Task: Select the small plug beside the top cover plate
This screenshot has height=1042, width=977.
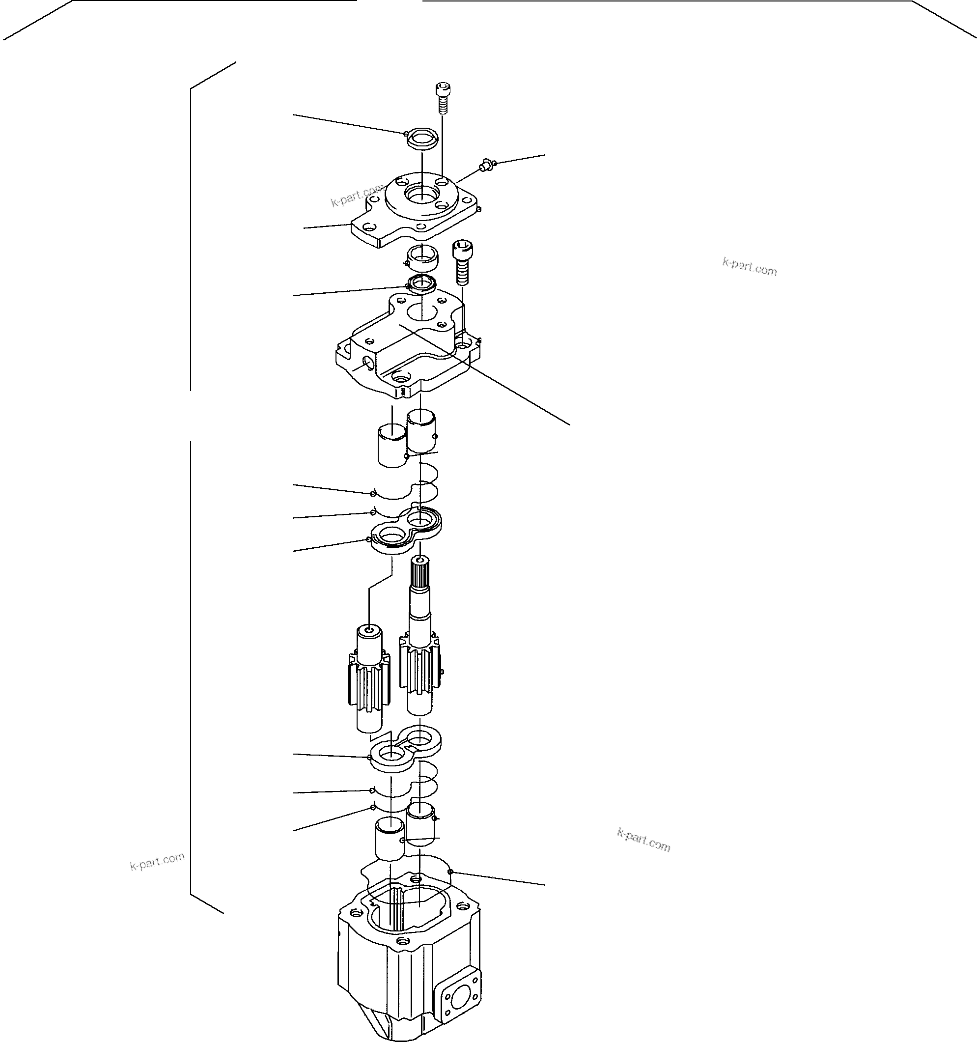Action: [485, 166]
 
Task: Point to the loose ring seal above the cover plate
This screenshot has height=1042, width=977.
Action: [423, 140]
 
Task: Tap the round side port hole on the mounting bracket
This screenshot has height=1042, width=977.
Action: [369, 362]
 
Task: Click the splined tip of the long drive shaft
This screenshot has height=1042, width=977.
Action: [419, 571]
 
